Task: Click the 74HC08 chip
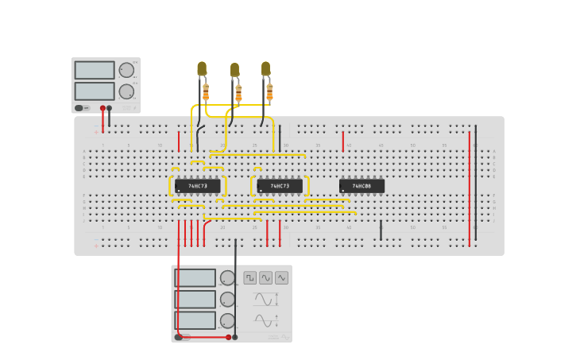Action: point(361,186)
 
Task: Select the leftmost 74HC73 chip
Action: point(197,186)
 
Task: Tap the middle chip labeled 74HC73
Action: point(280,186)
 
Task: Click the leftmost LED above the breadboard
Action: point(202,69)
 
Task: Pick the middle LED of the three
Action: point(234,70)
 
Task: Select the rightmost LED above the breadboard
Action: point(265,68)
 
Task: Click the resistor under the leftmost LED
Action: point(206,91)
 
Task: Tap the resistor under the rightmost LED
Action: point(269,91)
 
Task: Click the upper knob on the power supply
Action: point(126,70)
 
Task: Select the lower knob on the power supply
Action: point(126,91)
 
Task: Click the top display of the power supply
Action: point(95,70)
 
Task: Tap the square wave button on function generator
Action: point(250,278)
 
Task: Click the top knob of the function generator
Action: point(227,278)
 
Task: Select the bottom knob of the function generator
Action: point(227,320)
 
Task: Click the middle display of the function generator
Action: point(195,299)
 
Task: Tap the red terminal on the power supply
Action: point(102,108)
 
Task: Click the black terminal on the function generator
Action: point(234,337)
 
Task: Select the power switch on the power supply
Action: point(79,108)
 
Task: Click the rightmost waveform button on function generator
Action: point(281,278)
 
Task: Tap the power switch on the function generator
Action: point(179,337)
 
